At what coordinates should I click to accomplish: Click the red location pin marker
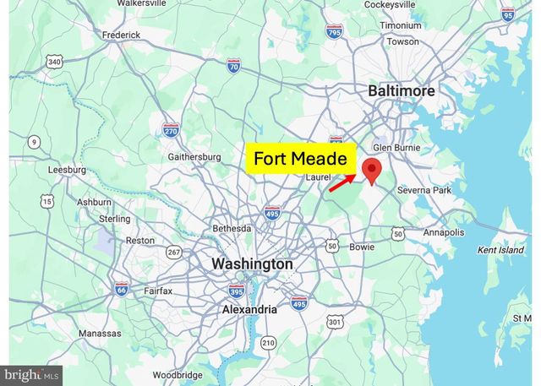(371, 169)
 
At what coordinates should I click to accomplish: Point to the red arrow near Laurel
(342, 183)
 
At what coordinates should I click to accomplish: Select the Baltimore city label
(402, 90)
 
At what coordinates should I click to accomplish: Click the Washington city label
(252, 264)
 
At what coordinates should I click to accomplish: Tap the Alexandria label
(249, 309)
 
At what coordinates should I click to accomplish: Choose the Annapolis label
(443, 232)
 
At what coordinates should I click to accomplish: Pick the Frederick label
(121, 35)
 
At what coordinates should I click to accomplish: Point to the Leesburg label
(67, 169)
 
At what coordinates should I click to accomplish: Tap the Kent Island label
(500, 250)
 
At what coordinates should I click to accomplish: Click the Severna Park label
(424, 191)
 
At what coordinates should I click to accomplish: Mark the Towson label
(402, 41)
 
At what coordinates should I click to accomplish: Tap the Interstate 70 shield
(233, 65)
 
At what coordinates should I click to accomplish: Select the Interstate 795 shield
(335, 33)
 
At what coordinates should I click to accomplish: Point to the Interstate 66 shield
(121, 288)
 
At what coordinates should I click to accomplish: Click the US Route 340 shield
(54, 62)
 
